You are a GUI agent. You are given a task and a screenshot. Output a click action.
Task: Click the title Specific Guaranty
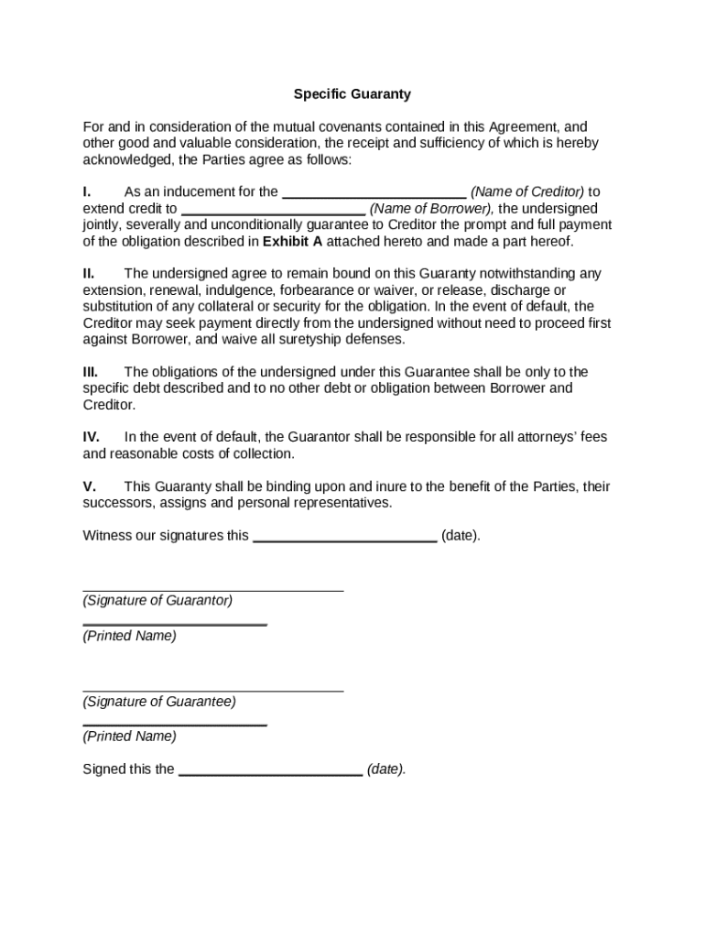point(352,93)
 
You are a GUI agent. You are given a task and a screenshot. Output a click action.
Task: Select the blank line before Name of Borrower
point(273,213)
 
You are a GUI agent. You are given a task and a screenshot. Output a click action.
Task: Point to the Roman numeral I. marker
point(87,192)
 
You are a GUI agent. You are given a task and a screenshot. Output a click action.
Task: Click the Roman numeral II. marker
point(89,274)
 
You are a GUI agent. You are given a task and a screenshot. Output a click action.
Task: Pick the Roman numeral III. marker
point(91,372)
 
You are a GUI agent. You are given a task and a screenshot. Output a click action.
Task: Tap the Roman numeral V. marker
point(89,486)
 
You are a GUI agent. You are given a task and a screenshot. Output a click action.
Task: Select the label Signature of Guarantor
point(157,601)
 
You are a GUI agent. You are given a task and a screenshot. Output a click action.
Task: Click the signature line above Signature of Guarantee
point(213,691)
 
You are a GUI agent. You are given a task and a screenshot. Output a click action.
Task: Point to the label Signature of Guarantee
point(159,702)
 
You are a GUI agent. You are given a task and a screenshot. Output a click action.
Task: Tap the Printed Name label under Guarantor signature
point(129,636)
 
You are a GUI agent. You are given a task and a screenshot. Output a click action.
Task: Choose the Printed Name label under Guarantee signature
point(129,736)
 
